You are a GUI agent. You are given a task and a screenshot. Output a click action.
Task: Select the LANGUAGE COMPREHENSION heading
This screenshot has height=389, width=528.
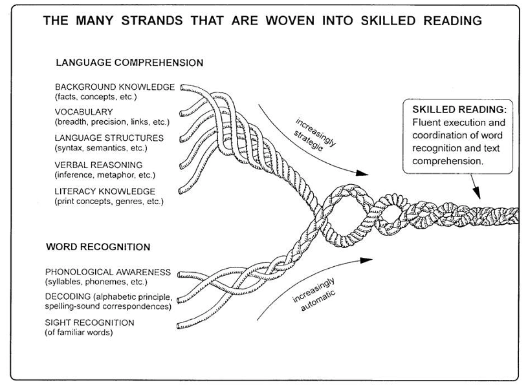coord(129,63)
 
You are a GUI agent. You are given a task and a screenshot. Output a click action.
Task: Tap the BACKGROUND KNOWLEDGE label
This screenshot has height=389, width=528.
coord(115,87)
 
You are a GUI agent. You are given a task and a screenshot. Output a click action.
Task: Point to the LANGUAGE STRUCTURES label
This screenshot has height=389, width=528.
coord(109,138)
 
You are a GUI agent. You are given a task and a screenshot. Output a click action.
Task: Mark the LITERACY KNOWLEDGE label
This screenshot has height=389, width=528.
coord(105,191)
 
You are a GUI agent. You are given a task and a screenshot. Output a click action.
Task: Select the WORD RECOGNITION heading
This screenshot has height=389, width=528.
coord(98,247)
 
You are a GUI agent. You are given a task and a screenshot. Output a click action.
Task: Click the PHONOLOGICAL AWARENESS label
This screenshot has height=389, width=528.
coord(108,272)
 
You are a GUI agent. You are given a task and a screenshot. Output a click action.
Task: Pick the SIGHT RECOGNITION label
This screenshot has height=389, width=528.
coord(90,322)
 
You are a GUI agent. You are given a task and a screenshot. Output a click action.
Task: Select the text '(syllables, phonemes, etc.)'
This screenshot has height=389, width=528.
coord(96,282)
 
